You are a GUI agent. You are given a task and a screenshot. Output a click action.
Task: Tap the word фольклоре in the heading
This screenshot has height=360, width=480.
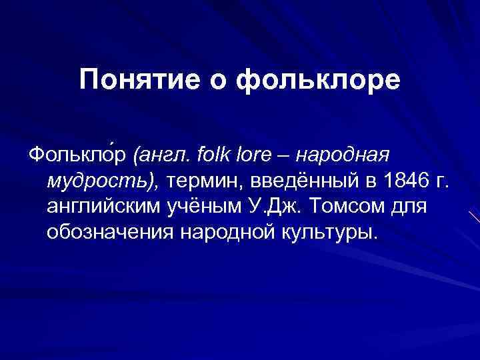(x=319, y=80)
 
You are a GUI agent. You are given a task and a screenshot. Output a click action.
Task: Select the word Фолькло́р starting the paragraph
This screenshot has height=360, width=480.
(x=78, y=156)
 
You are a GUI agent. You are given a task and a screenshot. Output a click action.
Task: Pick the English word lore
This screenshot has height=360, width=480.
(x=252, y=155)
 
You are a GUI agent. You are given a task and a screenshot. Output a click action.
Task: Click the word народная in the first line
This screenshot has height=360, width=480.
(x=341, y=156)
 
